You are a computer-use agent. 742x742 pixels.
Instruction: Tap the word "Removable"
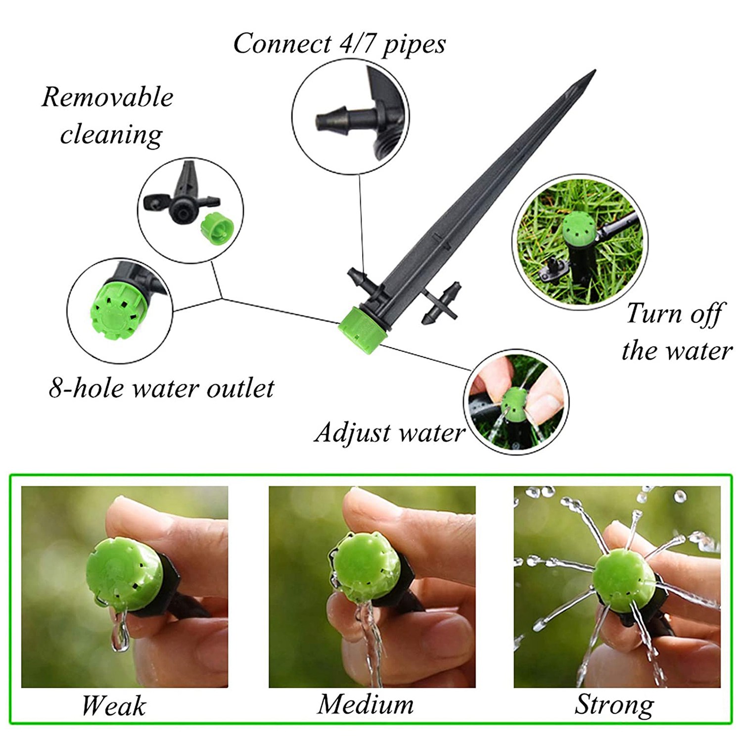click(x=107, y=96)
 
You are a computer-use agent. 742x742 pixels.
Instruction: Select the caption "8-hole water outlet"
click(x=161, y=388)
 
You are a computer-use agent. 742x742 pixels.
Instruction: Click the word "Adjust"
click(x=353, y=433)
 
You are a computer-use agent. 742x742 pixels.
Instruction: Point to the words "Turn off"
click(x=674, y=313)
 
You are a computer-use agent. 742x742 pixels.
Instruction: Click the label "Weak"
click(x=114, y=705)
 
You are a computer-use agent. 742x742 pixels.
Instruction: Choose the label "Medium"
click(x=366, y=704)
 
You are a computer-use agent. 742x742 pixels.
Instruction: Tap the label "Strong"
click(x=614, y=705)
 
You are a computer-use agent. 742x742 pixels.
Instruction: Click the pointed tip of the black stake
click(x=594, y=71)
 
